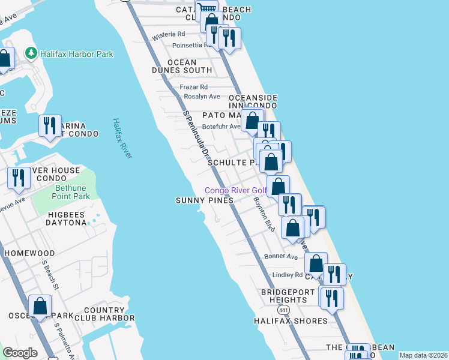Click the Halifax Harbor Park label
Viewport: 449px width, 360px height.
tap(77, 54)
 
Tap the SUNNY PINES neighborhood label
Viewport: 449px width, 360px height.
tap(204, 200)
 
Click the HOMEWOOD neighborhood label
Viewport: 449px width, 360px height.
tap(29, 253)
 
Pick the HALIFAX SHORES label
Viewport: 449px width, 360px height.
tap(291, 321)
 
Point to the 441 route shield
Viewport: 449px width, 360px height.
tap(283, 308)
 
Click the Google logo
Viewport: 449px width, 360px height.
tap(20, 353)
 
